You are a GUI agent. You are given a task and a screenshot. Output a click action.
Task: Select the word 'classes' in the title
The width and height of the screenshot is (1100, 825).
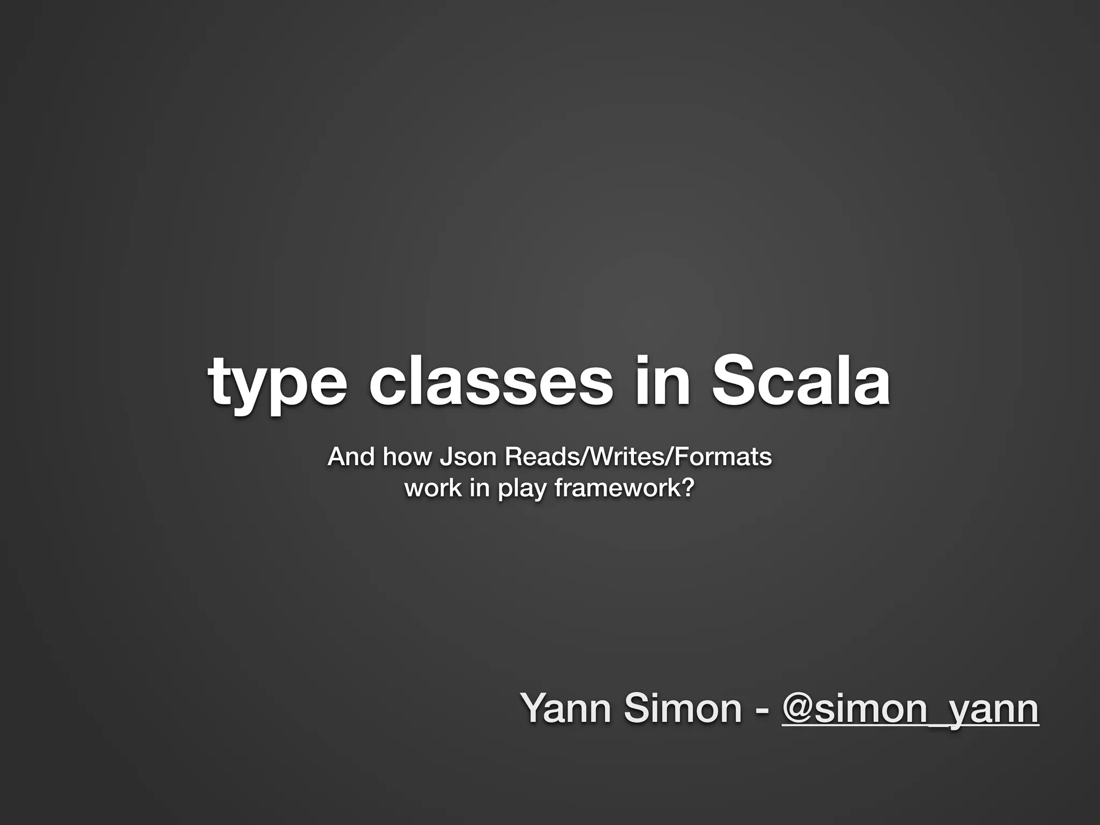pos(490,382)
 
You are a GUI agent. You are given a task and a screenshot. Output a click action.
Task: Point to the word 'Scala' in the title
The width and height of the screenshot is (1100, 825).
pos(801,382)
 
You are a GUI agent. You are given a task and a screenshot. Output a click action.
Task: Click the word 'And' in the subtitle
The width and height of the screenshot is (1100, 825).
pos(351,457)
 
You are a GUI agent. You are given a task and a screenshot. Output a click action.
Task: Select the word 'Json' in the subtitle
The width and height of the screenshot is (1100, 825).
pos(468,457)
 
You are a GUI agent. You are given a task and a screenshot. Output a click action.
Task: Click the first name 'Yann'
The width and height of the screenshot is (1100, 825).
pos(567,708)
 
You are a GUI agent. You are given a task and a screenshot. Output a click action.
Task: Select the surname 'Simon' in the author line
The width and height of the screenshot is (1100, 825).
pos(683,708)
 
